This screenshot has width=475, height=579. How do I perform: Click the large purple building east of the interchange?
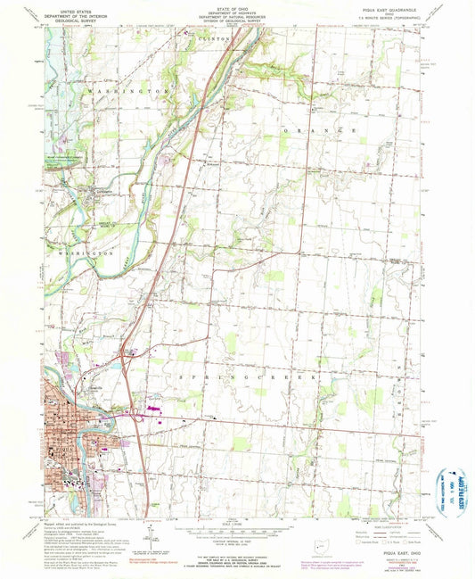pos(155,409)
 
